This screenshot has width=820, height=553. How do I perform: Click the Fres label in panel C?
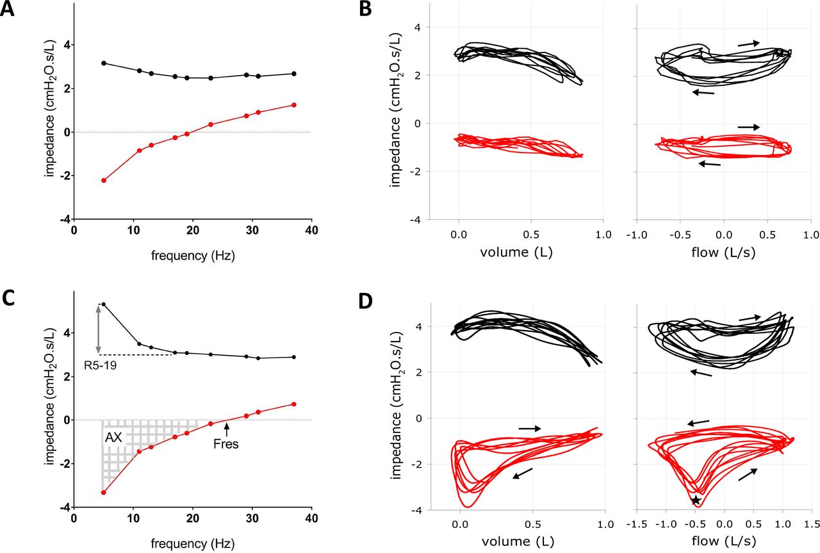pos(227,443)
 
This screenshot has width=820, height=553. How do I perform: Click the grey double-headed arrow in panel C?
pos(98,329)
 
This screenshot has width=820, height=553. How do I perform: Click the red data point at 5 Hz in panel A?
pos(104,181)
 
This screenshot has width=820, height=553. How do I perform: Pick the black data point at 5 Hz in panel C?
pos(104,304)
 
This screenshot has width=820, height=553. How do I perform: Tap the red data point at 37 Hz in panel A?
pos(294,105)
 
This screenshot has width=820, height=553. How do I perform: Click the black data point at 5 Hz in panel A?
pos(104,63)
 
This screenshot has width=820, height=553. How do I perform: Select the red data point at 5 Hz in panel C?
pos(104,493)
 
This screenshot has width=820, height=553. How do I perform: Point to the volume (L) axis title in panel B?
pos(516,252)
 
